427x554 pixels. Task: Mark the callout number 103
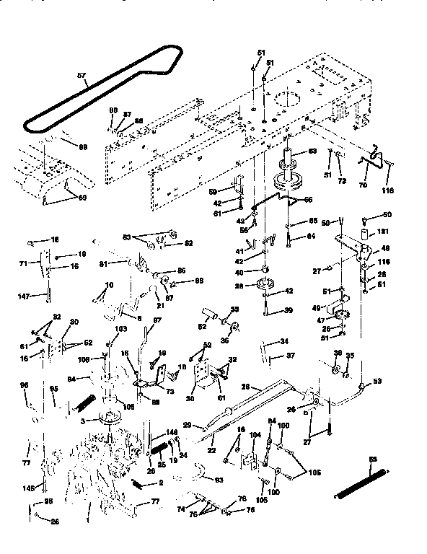[x=120, y=328]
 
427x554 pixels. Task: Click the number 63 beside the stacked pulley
[x=312, y=151]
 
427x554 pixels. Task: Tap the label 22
[x=212, y=451]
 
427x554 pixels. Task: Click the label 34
[x=284, y=342]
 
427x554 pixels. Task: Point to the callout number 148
[x=171, y=433]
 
